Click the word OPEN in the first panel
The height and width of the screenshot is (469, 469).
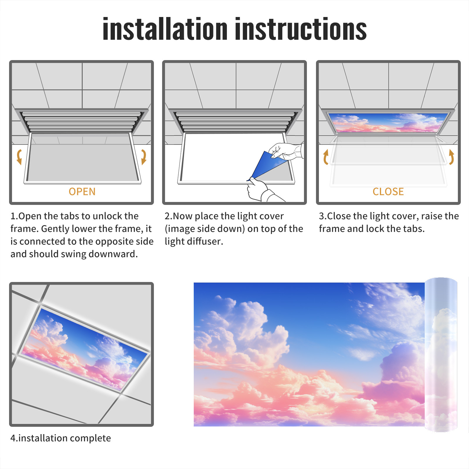[x=82, y=192]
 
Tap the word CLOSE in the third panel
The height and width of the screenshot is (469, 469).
[x=388, y=192]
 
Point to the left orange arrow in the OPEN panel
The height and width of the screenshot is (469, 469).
[x=19, y=157]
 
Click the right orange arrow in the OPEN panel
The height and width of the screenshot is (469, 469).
[x=144, y=157]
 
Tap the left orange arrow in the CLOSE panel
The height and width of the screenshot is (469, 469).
[x=326, y=157]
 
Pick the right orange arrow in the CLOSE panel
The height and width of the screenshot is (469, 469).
[x=451, y=157]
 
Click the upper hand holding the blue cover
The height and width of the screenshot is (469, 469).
[x=286, y=151]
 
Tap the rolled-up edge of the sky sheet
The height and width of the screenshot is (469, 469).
[x=441, y=355]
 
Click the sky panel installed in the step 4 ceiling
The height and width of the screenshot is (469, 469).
[x=85, y=349]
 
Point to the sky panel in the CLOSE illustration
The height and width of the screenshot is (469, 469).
[x=388, y=123]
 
